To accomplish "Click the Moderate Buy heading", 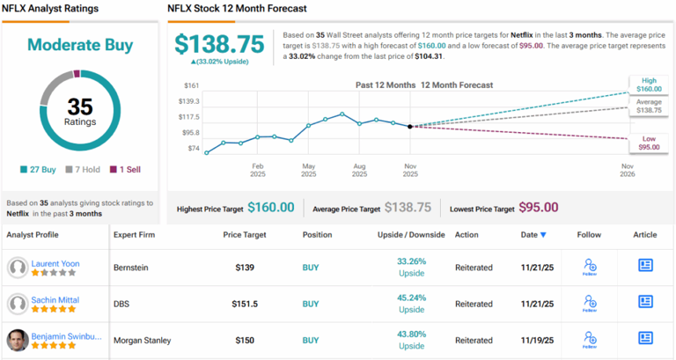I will point(79,45).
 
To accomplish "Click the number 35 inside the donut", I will point(79,107).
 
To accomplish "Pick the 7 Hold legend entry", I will point(84,169).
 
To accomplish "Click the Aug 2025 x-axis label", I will point(359,169).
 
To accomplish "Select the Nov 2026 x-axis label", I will point(628,169).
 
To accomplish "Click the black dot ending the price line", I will point(410,127).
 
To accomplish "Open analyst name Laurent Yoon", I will point(55,263).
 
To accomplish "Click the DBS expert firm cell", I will point(122,304).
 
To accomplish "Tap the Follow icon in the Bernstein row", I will point(589,266).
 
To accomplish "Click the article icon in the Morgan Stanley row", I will point(645,338).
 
